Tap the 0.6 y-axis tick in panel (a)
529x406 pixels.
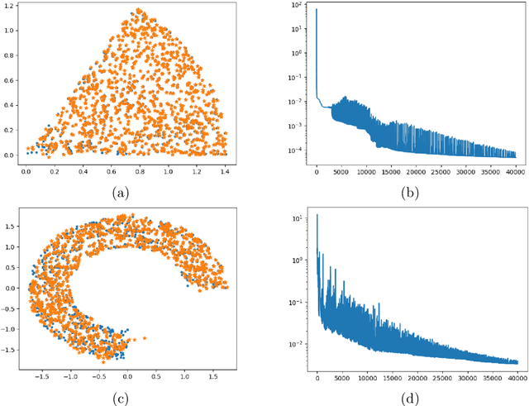10,83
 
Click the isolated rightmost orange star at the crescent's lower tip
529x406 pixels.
144,337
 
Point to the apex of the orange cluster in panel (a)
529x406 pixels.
138,11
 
